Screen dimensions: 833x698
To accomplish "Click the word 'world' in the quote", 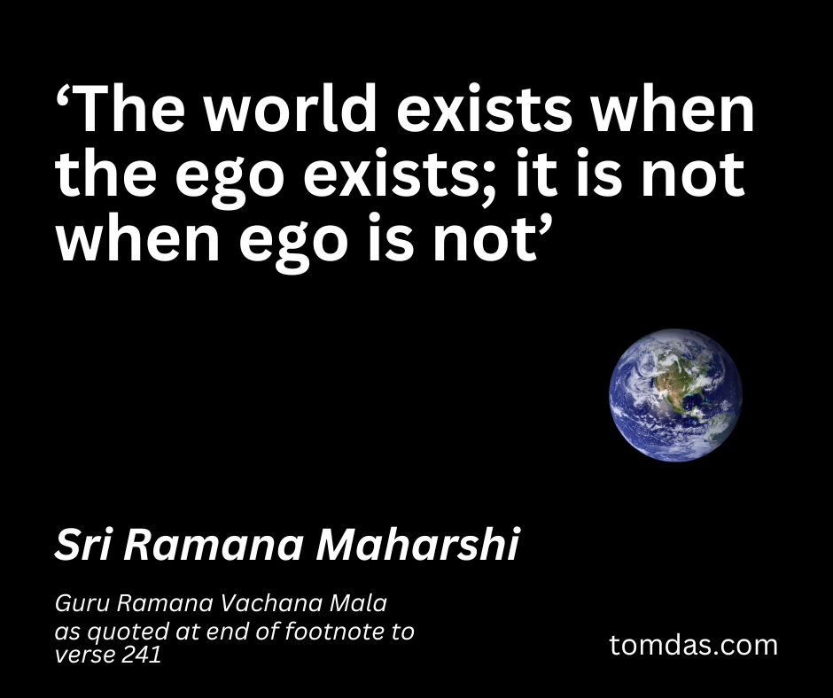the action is coord(292,108).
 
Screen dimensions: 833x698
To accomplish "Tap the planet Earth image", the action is coord(675,395).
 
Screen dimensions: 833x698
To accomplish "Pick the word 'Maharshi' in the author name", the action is coord(418,545).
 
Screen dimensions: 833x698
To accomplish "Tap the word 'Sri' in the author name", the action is coord(83,545).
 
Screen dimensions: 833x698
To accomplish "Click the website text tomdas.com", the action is coord(693,645).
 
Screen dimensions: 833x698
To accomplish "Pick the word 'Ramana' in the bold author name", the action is coord(214,545).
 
